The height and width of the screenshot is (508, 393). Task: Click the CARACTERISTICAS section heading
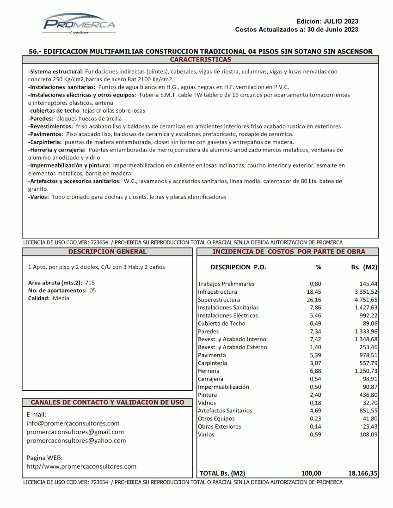click(x=200, y=60)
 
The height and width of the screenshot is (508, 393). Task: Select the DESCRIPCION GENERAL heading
click(x=107, y=252)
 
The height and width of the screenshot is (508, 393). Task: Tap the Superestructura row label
click(x=219, y=300)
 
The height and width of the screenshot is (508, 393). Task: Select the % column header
click(x=318, y=267)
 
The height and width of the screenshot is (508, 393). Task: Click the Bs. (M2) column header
click(x=362, y=267)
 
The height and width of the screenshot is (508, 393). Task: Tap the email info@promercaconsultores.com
click(x=73, y=423)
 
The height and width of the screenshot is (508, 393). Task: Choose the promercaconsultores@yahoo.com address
click(x=76, y=441)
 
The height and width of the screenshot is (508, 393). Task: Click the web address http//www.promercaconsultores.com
click(x=81, y=466)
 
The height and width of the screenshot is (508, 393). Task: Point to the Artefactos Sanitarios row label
click(x=225, y=411)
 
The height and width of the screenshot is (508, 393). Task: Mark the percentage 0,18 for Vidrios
click(x=315, y=403)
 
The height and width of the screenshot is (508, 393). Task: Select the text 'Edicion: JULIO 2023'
click(x=327, y=21)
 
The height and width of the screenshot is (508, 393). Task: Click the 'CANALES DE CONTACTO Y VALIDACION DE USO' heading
click(x=107, y=402)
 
